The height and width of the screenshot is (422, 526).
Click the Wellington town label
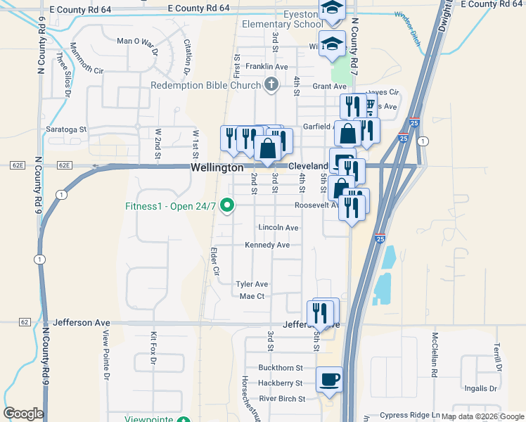click(217, 168)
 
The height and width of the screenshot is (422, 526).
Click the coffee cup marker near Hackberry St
click(329, 381)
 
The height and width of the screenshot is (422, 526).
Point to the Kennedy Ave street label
click(267, 245)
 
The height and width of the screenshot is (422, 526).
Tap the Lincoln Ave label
click(278, 228)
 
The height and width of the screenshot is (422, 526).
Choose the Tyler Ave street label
click(252, 284)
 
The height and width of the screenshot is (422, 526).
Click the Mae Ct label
click(252, 297)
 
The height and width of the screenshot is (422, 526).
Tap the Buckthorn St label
click(280, 368)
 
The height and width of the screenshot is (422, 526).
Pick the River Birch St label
click(282, 399)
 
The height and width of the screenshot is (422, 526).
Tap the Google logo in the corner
click(23, 414)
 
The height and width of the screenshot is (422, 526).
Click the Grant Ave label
click(330, 87)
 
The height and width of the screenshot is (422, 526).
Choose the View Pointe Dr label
click(107, 355)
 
